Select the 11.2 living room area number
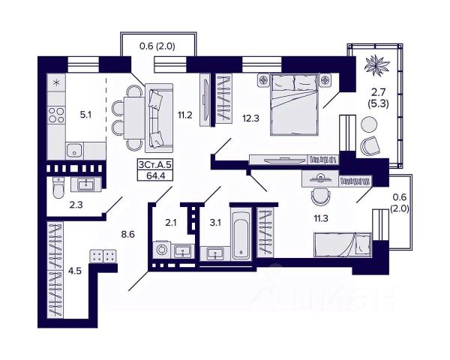(185, 115)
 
